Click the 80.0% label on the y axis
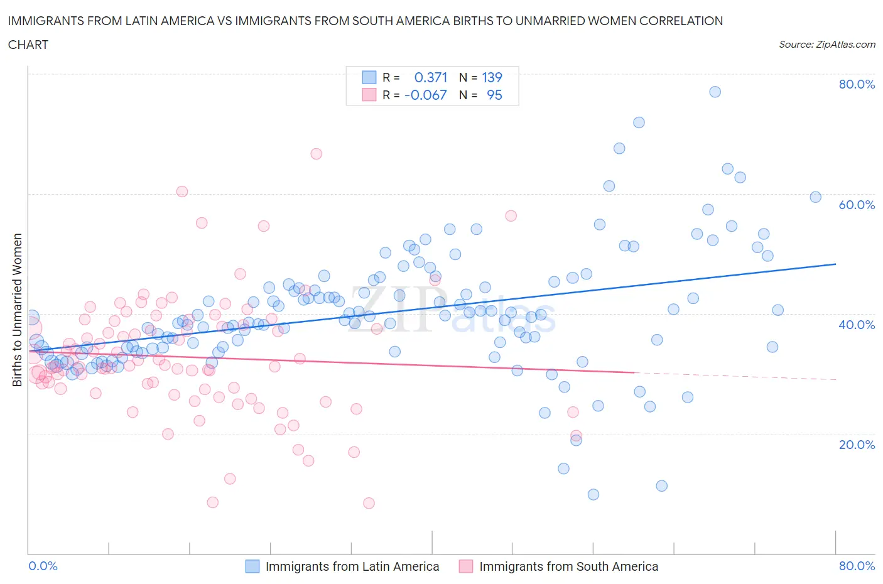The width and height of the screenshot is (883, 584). click(x=857, y=84)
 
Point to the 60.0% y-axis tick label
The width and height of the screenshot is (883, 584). click(x=857, y=205)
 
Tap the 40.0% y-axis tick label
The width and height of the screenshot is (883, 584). click(x=857, y=325)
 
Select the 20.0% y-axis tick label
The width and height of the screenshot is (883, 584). click(x=857, y=445)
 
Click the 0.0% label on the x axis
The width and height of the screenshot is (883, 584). click(x=43, y=566)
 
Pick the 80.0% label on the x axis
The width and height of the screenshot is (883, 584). click(x=857, y=566)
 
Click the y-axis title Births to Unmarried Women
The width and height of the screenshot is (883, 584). click(x=18, y=310)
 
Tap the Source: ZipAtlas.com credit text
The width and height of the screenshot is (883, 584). click(x=826, y=45)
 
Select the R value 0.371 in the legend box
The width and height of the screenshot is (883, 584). click(x=431, y=77)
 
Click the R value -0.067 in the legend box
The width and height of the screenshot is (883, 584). click(x=426, y=95)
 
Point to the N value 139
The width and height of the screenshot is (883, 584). click(x=492, y=77)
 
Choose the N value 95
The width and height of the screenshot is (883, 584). click(x=494, y=95)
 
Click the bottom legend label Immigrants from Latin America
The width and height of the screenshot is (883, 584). click(x=352, y=566)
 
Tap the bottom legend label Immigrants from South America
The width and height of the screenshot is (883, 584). click(x=568, y=566)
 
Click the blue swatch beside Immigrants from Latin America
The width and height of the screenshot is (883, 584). click(x=252, y=566)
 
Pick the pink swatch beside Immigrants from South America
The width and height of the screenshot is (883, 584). click(x=465, y=566)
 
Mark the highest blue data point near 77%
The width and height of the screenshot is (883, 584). click(x=715, y=92)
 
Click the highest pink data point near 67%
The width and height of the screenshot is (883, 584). click(x=317, y=154)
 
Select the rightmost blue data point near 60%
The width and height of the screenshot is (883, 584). click(x=815, y=197)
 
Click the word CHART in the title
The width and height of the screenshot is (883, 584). click(x=28, y=45)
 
